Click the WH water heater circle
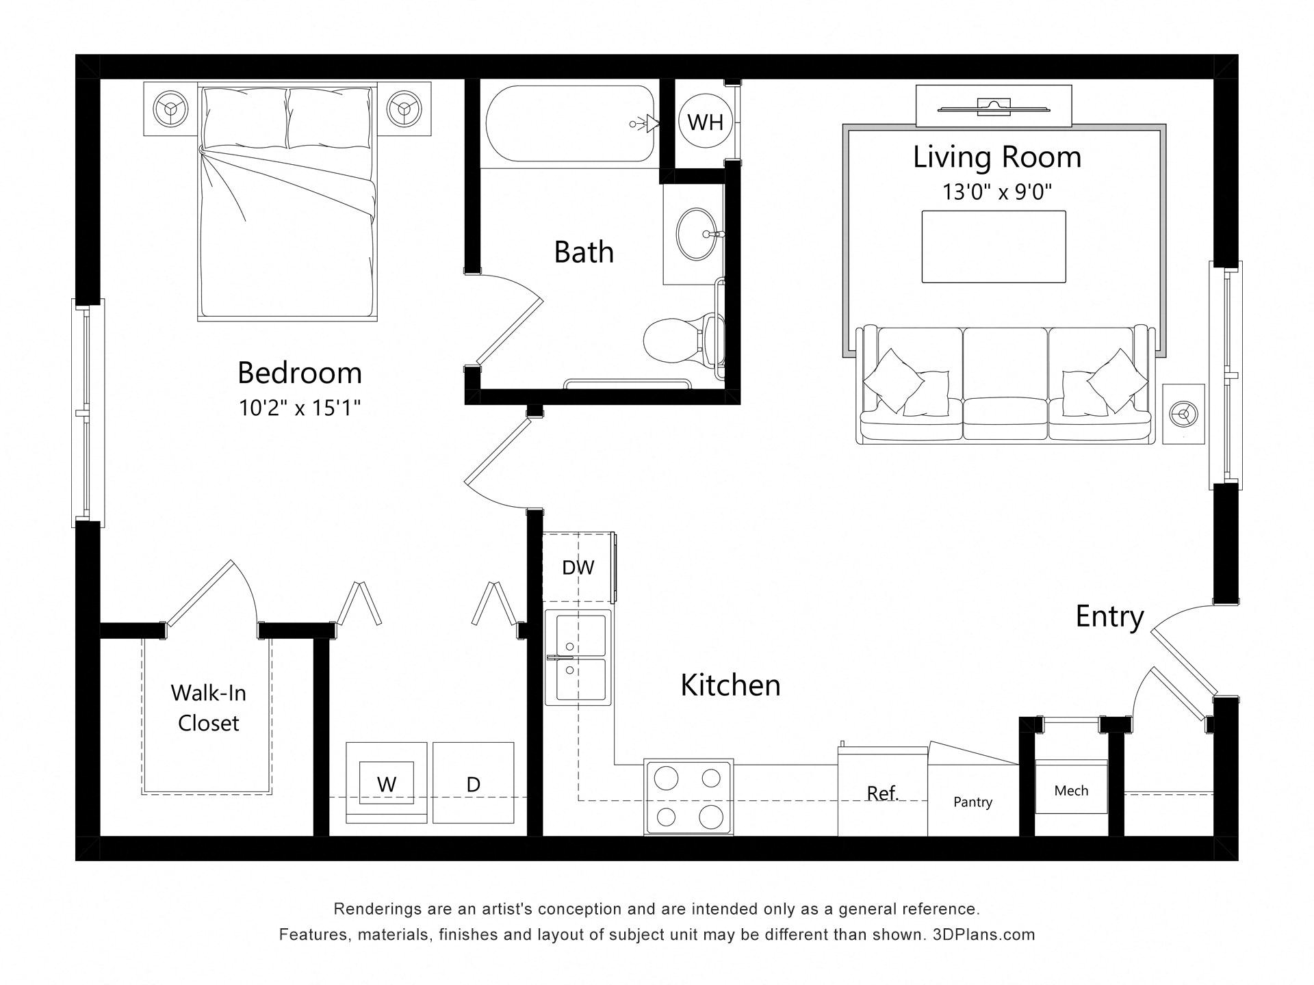[705, 122]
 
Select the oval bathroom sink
[697, 234]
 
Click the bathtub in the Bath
[571, 124]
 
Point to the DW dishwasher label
[578, 567]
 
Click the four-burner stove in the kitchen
[688, 797]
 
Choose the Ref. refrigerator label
[882, 793]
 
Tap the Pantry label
[972, 802]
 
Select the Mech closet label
[1071, 790]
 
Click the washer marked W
[387, 783]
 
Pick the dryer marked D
[473, 783]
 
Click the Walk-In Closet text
[208, 708]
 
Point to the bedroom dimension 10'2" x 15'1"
[300, 408]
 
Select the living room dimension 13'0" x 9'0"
[996, 192]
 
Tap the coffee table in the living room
[994, 246]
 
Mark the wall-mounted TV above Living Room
[994, 105]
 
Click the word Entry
[1109, 617]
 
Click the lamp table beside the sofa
[1183, 414]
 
